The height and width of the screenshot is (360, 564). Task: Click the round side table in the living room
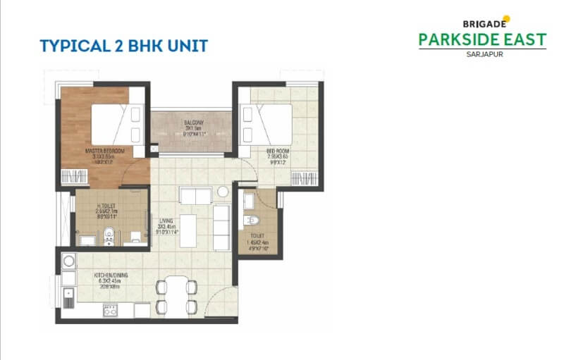point(223,191)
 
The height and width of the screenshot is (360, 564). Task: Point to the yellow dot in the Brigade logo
point(506,18)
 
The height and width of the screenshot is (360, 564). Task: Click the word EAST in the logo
point(525,39)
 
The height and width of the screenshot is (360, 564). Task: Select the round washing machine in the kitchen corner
point(68,262)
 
